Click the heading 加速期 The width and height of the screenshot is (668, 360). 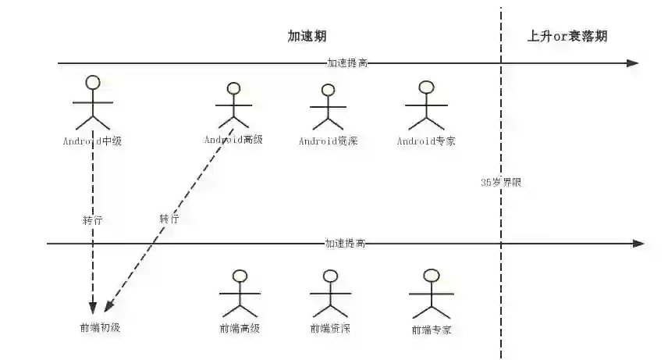pos(307,37)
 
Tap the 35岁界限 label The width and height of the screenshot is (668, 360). pos(501,182)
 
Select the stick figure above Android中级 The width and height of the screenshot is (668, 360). pos(93,102)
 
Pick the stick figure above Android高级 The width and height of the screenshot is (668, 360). pos(232,105)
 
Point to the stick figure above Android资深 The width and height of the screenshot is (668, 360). pos(328,107)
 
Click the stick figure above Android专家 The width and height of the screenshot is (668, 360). pos(426,105)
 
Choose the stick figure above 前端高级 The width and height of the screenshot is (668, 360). pos(240,294)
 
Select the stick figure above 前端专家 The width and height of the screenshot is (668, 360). pos(431,294)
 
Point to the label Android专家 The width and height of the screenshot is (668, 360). pos(426,141)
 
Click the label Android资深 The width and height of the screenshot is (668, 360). pos(328,141)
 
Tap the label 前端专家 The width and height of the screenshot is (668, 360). pos(431,330)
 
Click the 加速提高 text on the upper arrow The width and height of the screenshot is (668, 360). pos(347,63)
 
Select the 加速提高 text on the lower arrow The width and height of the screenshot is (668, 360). pos(345,244)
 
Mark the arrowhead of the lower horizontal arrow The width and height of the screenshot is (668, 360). pos(638,244)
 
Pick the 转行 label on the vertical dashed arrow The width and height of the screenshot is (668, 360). pos(92,220)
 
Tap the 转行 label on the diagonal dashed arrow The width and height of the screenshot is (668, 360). pos(169,219)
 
